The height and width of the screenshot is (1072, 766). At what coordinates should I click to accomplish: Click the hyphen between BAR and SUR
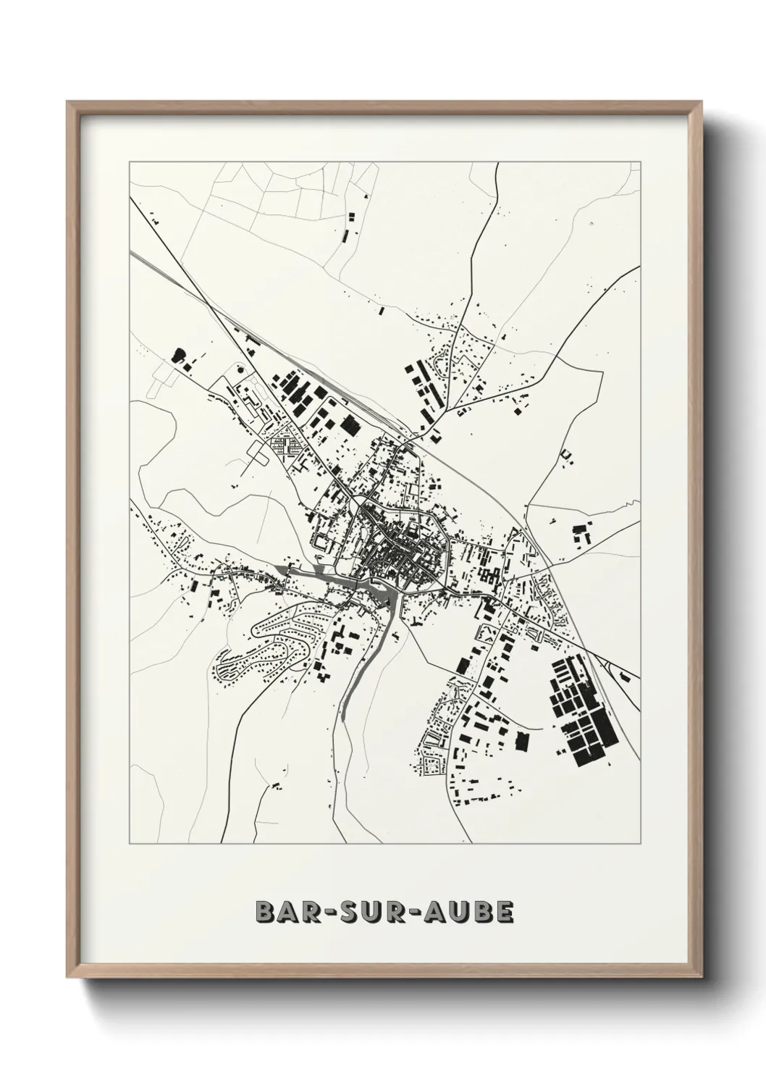tap(326, 913)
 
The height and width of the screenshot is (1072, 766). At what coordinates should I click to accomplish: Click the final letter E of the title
tap(504, 913)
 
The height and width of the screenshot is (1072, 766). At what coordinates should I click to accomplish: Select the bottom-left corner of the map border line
tap(130, 844)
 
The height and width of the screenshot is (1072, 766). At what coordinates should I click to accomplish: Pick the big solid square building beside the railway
tap(350, 425)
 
